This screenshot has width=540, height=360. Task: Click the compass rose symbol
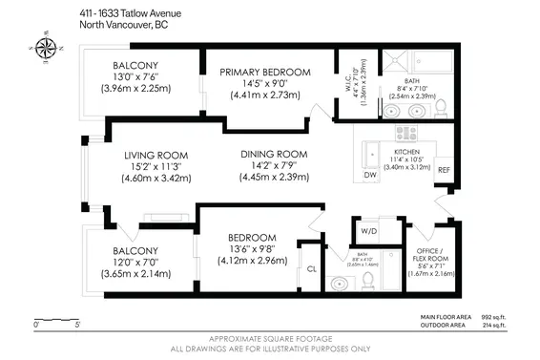click(x=43, y=44)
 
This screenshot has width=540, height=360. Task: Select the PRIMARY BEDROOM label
click(x=265, y=73)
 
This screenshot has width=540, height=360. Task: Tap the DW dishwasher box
click(x=371, y=176)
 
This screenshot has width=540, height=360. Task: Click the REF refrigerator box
click(x=443, y=171)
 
